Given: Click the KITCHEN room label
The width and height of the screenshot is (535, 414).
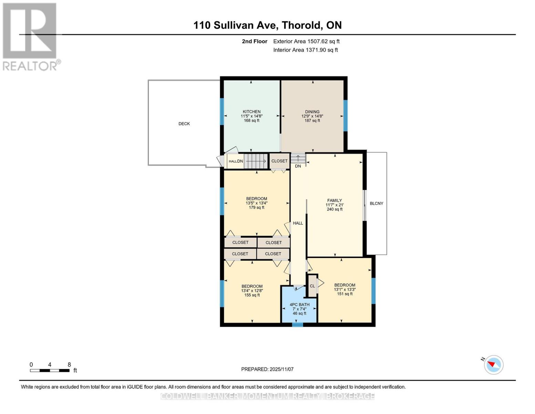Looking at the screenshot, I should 251,112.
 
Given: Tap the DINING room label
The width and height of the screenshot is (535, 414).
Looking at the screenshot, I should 312,112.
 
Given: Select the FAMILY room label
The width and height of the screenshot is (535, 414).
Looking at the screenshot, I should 335,200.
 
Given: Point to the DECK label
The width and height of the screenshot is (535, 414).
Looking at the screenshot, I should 184,124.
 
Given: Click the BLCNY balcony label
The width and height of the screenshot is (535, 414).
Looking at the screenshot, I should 376,204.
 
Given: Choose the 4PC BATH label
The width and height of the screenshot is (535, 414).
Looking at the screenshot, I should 299,305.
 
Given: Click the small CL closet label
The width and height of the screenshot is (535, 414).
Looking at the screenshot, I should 312,286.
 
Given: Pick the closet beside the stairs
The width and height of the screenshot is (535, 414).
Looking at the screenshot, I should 279,161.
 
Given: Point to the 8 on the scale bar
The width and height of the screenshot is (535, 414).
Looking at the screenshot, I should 69,365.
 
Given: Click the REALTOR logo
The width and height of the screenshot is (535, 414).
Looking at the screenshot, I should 30,36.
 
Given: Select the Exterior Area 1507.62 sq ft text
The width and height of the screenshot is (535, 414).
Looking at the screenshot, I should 306,41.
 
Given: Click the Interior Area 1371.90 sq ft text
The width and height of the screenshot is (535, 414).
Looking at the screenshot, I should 305,50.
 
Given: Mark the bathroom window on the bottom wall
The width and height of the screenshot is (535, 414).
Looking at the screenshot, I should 297,324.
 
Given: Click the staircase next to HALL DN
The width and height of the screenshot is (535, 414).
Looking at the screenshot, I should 256,161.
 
